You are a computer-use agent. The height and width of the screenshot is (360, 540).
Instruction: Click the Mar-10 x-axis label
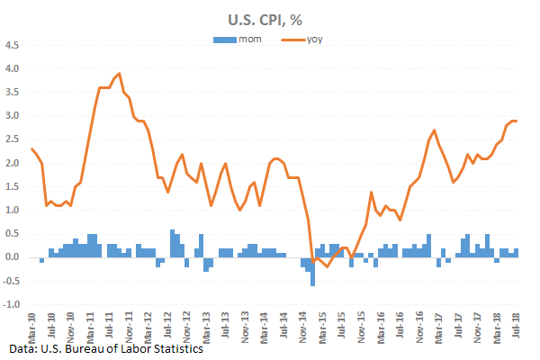(x=33, y=322)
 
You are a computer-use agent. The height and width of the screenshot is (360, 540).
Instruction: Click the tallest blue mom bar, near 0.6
(x=172, y=244)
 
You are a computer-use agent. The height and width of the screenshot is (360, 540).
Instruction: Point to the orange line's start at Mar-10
(x=32, y=148)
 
